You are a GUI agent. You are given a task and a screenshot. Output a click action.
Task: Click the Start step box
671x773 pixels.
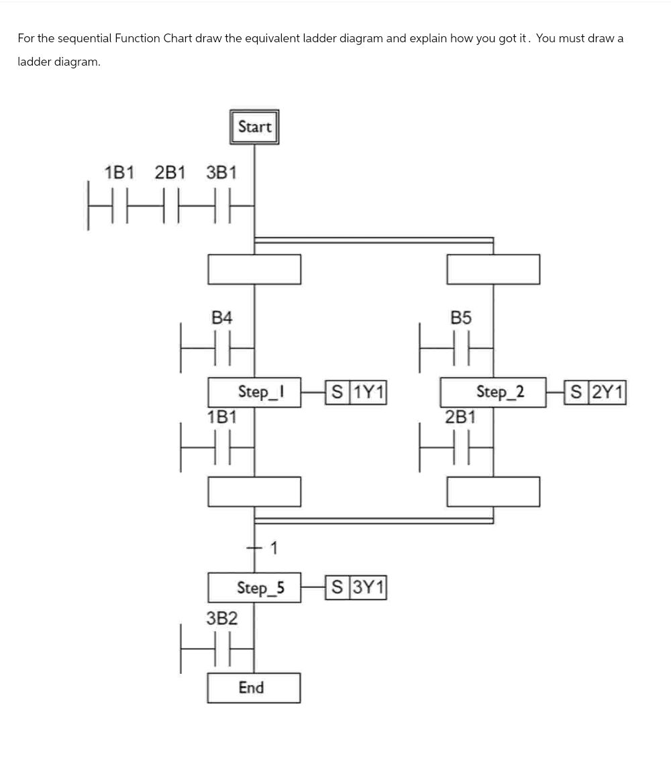point(254,127)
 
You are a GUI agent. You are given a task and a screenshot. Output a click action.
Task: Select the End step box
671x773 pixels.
point(253,688)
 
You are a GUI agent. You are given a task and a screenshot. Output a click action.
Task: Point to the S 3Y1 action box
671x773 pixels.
point(356,588)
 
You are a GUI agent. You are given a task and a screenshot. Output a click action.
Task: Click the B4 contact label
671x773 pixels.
point(222,318)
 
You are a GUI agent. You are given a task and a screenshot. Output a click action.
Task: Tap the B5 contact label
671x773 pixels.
point(461,318)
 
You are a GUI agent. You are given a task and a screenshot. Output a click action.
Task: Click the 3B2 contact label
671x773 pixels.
point(222,618)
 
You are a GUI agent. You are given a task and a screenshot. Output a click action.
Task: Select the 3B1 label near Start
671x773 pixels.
point(221,173)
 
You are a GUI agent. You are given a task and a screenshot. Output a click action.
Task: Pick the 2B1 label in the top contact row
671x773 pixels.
point(170,173)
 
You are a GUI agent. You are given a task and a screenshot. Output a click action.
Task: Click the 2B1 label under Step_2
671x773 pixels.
point(461,417)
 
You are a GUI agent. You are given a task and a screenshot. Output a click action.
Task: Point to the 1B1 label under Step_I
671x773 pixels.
point(222,417)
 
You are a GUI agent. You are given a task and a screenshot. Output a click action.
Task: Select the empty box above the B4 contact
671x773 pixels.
point(254,269)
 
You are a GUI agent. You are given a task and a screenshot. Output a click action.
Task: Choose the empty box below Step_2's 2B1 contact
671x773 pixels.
point(493,491)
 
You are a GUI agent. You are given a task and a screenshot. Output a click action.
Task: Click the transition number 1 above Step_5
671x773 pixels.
point(274,548)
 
